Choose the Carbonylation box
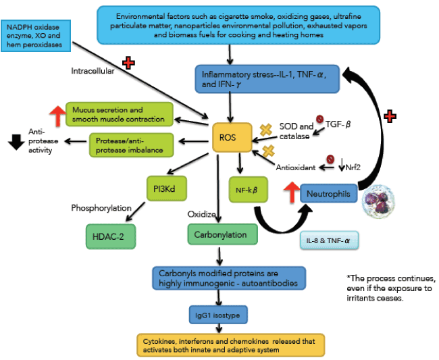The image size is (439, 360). (222, 234)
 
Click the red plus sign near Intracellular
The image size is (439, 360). (127, 63)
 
